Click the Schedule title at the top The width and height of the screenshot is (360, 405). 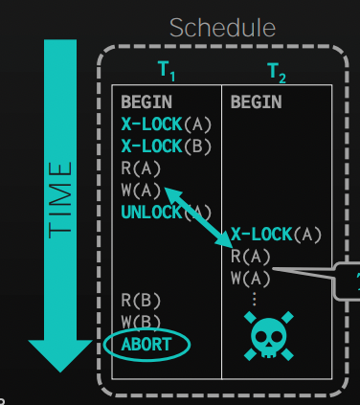[x=222, y=28]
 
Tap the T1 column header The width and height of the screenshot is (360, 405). [x=167, y=71]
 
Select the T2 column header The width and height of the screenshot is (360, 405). [x=277, y=73]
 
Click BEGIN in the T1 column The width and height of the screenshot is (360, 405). [x=146, y=102]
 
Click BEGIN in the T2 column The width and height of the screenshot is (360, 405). [x=257, y=102]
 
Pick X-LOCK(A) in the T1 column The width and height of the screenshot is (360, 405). [x=167, y=124]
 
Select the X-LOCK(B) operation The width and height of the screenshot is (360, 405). [x=167, y=146]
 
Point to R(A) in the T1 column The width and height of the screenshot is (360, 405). [x=141, y=169]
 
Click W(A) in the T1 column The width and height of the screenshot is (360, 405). [x=141, y=191]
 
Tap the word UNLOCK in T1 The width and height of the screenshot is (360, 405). [x=151, y=213]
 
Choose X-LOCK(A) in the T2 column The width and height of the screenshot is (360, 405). [x=276, y=235]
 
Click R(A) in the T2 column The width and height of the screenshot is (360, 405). [x=251, y=257]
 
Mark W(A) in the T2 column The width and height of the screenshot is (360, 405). [x=251, y=279]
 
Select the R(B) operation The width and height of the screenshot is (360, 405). [x=141, y=301]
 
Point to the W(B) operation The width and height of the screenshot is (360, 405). [x=141, y=322]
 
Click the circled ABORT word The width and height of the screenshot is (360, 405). [x=146, y=345]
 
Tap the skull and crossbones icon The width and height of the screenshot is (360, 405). [x=269, y=336]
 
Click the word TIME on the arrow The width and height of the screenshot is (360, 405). [x=60, y=200]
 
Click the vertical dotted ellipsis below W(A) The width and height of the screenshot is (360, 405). [x=255, y=299]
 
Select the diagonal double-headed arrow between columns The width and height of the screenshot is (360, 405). [x=198, y=217]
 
